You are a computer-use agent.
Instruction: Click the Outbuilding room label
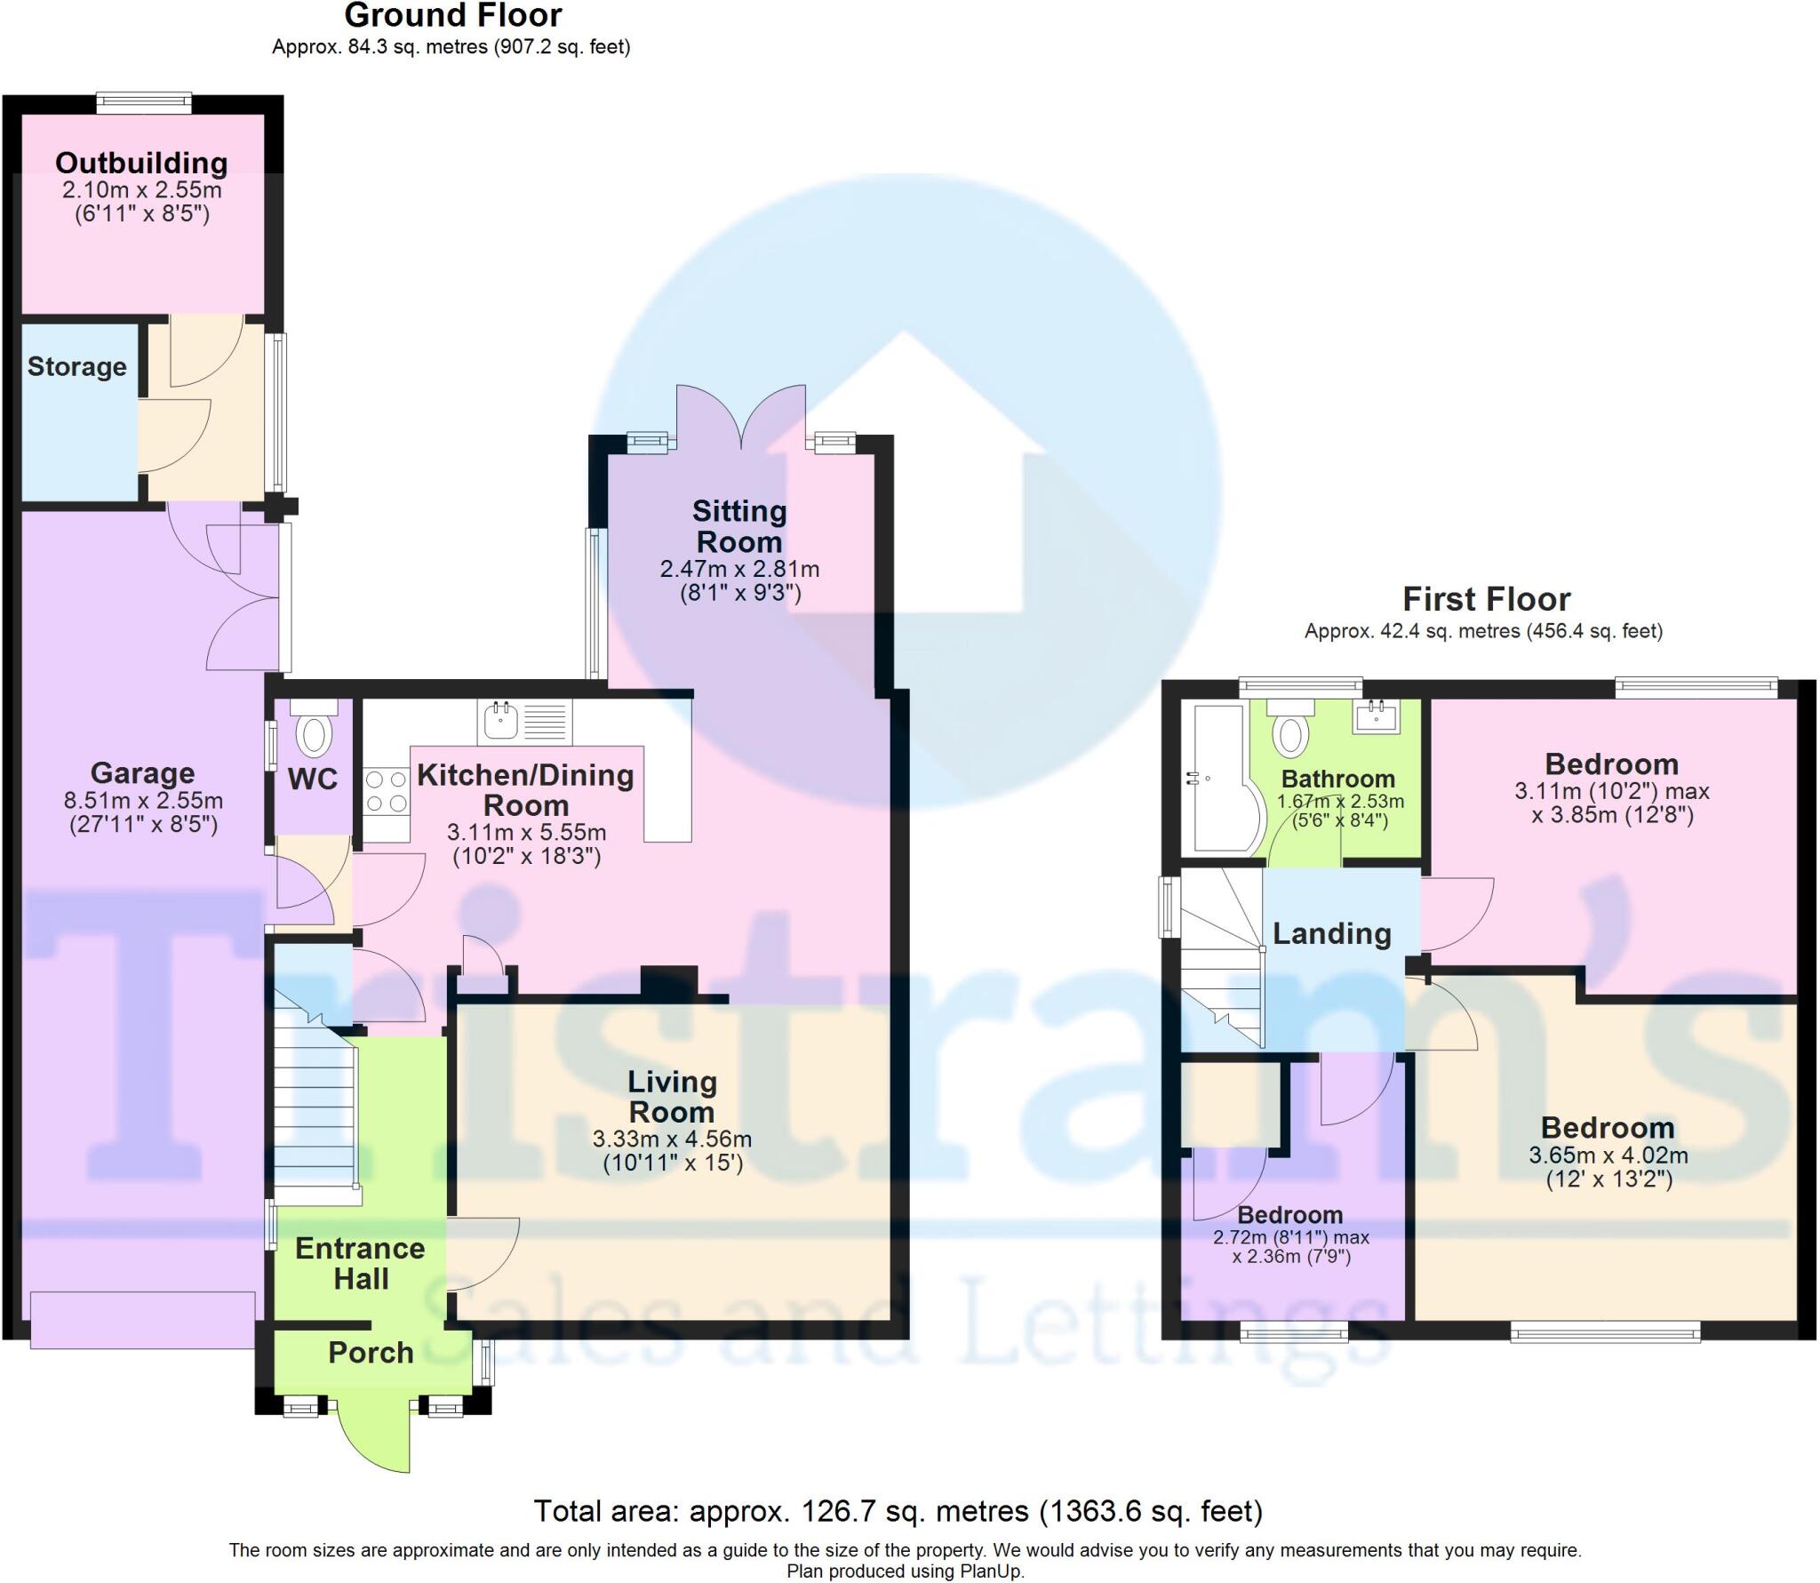141,163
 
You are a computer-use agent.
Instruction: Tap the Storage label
77,366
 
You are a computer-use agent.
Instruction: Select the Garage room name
142,773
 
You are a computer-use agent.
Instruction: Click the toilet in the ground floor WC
314,734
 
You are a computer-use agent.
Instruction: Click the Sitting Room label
738,526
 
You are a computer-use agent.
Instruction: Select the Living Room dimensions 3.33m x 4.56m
672,1139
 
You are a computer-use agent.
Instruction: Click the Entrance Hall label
360,1263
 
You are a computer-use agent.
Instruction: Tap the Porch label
371,1352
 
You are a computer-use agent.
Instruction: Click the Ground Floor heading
453,16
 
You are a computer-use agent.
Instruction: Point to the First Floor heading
1486,599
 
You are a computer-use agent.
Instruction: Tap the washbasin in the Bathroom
1376,716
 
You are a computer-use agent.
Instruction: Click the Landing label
1331,933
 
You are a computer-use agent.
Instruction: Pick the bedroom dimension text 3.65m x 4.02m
1608,1155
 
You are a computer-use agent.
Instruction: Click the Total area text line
898,1510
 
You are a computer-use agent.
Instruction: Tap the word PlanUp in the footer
993,1571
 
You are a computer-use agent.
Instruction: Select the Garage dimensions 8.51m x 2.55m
143,800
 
